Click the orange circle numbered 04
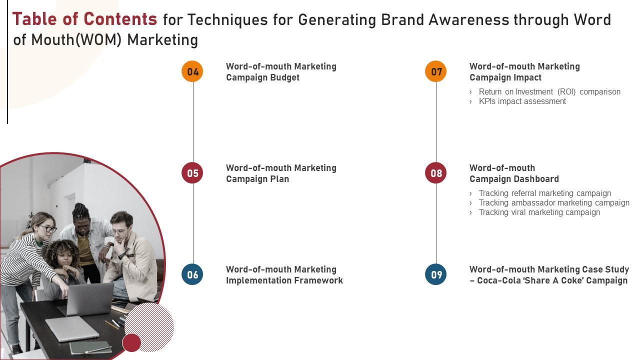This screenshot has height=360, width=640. pos(192,71)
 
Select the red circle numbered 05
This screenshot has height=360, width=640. pos(192,173)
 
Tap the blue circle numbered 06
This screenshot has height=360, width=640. pos(192,274)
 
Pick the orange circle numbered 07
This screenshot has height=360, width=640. pos(436,71)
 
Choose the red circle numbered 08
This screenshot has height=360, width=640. pos(436,173)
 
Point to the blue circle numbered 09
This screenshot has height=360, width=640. pos(436,274)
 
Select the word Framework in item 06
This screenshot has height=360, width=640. pos(318,280)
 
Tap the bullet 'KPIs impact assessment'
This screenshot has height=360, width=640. pos(522,101)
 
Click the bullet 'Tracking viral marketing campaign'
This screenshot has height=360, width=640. pos(539,212)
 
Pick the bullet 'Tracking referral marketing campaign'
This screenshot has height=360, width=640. pos(544,193)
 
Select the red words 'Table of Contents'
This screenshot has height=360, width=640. pos(84,19)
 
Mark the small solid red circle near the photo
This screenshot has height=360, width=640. pos(131,342)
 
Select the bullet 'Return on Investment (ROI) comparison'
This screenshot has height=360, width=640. pos(549,92)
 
